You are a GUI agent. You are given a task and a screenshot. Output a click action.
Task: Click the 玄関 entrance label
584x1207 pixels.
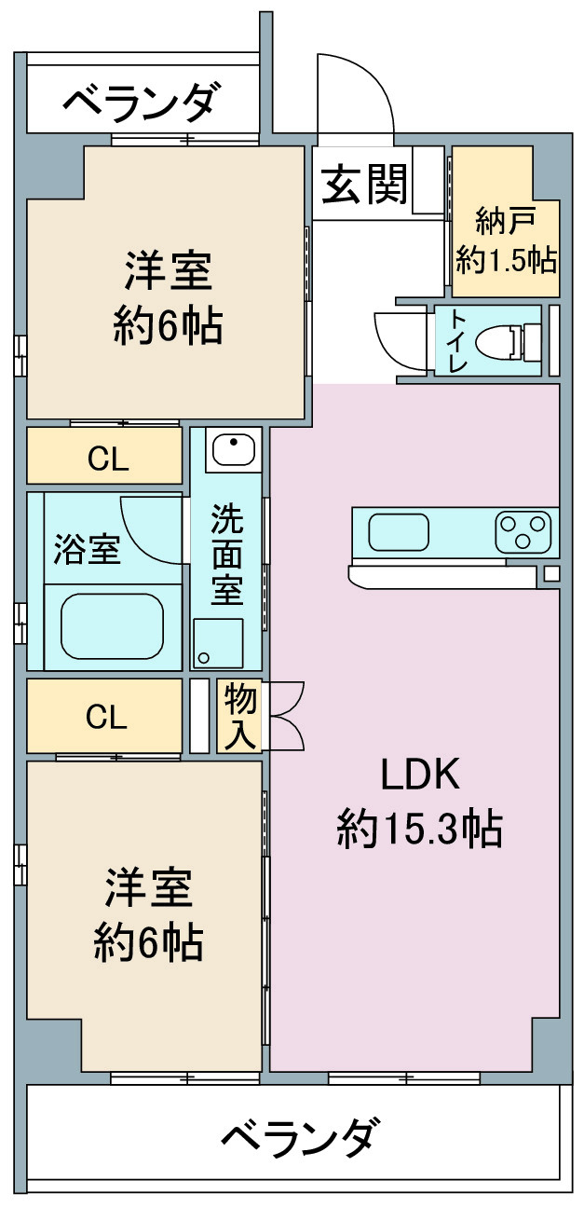pos(364,185)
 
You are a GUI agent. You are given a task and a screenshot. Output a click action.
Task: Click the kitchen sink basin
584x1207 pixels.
pos(399,532)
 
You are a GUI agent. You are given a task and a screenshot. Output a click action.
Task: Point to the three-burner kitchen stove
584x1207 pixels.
pos(523,532)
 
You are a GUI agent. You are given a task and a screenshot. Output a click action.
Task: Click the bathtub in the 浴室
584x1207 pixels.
pos(112,625)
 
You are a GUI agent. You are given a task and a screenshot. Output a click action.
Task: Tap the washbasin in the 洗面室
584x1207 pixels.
pos(233,449)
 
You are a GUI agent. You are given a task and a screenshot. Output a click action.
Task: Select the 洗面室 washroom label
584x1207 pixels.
pos(226,554)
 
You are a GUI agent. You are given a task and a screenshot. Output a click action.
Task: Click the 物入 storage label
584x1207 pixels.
pos(240,716)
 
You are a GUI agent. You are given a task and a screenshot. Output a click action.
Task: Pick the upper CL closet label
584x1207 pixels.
pos(108,459)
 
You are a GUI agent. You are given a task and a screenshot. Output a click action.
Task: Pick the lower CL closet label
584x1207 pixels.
pos(106,717)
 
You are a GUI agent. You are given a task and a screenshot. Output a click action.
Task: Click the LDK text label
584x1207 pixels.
pos(420,774)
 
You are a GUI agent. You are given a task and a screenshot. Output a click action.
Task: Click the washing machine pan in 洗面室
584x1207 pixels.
pos(218,643)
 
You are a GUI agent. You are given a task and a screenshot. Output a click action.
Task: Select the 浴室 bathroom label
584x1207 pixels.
pos(88,550)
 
